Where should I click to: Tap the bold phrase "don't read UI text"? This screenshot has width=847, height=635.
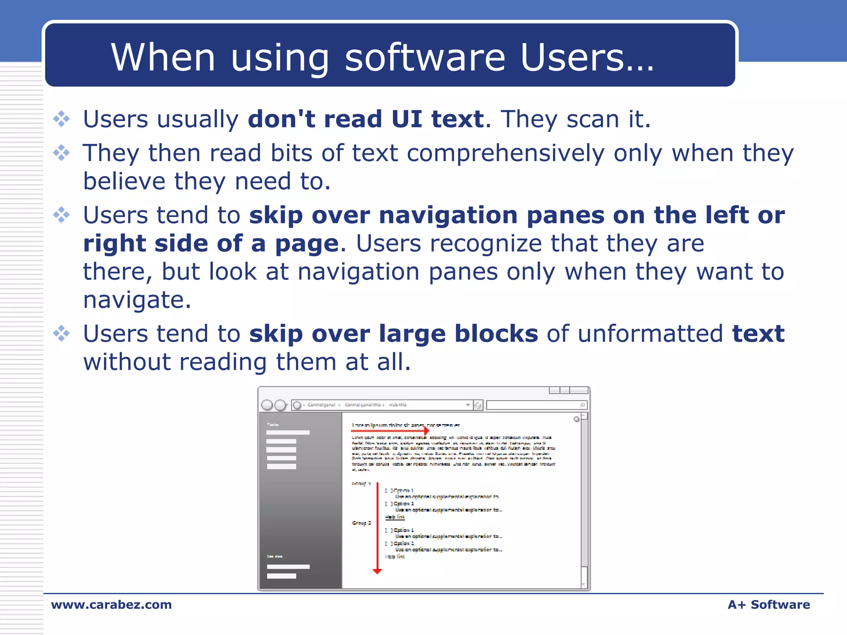[x=366, y=119]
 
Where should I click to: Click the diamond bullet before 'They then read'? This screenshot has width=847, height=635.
[x=62, y=153]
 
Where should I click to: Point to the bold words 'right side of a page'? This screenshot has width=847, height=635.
[x=211, y=243]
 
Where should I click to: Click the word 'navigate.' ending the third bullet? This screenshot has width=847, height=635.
[x=137, y=300]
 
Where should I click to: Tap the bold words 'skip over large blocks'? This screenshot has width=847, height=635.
[x=393, y=334]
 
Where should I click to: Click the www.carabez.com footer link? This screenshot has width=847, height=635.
[x=111, y=604]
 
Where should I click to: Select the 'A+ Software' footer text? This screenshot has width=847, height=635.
[x=768, y=604]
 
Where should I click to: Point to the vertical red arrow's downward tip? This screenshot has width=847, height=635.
[x=377, y=571]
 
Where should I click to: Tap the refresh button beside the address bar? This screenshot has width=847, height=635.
[x=478, y=405]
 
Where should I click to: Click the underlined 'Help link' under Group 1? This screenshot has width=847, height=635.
[x=395, y=517]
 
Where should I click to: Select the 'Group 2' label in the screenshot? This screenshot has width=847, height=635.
[x=361, y=523]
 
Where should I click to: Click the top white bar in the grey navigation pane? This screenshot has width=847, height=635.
[x=288, y=432]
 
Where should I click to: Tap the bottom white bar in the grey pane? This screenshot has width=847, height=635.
[x=281, y=576]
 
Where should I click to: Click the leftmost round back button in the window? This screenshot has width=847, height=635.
[x=267, y=405]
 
